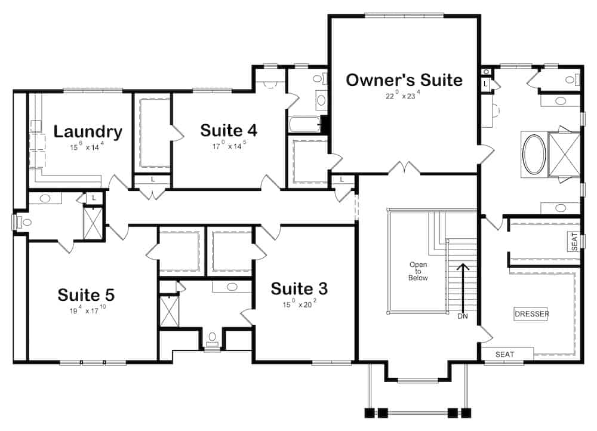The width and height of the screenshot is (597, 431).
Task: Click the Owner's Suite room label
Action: pos(404,80)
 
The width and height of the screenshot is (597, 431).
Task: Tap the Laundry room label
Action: pos(88,131)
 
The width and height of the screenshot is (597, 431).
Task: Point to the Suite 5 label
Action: pos(86,295)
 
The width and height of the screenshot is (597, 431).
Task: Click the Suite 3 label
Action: pos(299,289)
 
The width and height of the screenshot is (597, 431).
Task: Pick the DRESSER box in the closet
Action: pos(531,314)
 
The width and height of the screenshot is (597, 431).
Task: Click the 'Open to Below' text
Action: pos(418,271)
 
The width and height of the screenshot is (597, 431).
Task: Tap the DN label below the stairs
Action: pos(463,316)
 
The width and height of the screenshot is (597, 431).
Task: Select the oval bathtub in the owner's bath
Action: pos(534,154)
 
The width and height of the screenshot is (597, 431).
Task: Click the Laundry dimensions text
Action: pos(87,146)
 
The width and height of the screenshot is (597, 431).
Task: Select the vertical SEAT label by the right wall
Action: pos(574,241)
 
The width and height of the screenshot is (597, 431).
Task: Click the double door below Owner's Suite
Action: pos(404,168)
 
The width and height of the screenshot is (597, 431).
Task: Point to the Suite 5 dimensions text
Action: pos(87,310)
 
